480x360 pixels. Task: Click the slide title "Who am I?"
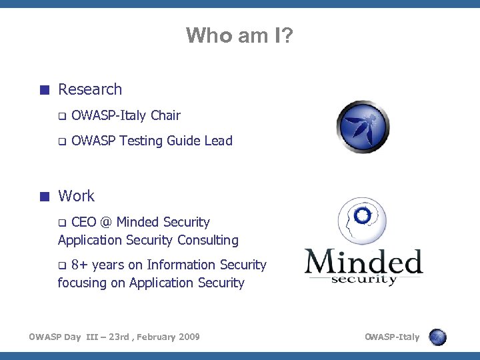[x=239, y=35]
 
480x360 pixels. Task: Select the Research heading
[x=90, y=89]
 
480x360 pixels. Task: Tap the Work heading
[x=76, y=196]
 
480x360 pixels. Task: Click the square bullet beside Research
[x=44, y=90]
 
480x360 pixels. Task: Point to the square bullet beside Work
[x=44, y=197]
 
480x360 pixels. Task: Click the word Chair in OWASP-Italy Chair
[x=165, y=115]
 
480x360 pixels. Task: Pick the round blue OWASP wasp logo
[x=363, y=127]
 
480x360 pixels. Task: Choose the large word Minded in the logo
[x=364, y=262]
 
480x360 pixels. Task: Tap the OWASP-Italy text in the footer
[x=392, y=337]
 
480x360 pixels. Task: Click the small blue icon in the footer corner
[x=438, y=337]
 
